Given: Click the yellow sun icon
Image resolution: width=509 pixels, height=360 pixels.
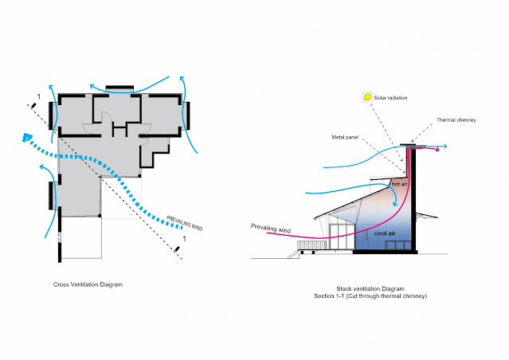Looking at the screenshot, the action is coord(368,97).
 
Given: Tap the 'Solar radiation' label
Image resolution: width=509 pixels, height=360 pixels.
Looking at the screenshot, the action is coord(396,98).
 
